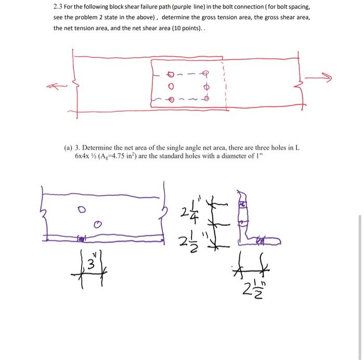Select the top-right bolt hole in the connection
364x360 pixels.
[206, 73]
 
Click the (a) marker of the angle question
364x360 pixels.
[68, 148]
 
